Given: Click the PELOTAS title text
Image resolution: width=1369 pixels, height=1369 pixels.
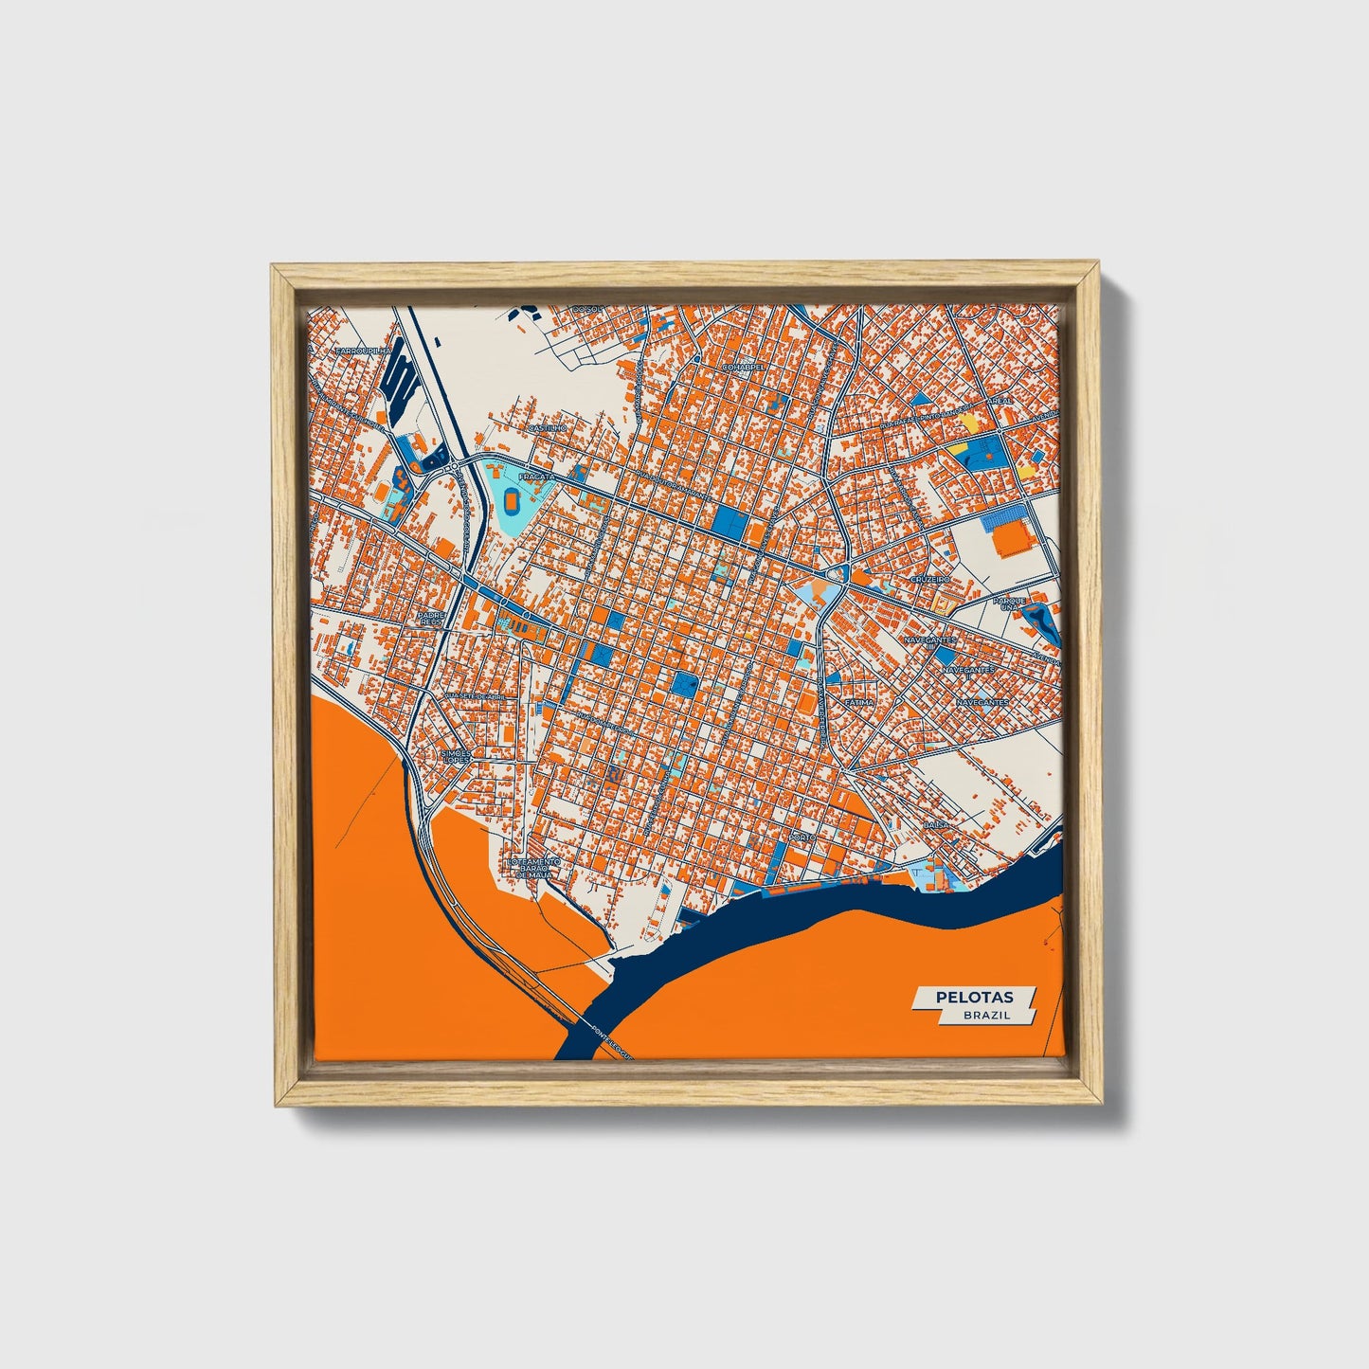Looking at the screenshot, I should click(x=974, y=997).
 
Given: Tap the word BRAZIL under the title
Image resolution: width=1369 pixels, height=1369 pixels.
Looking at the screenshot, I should click(x=986, y=1015).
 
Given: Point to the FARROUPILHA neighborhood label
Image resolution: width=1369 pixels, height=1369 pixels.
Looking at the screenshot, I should click(x=364, y=351).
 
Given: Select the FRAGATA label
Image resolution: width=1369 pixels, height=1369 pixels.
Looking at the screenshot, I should click(x=536, y=477).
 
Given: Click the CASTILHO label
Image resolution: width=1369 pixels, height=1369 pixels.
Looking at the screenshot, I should click(x=547, y=428).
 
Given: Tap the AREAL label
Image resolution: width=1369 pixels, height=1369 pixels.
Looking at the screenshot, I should click(x=1000, y=401).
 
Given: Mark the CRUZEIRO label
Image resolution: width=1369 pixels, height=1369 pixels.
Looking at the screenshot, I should click(x=929, y=578).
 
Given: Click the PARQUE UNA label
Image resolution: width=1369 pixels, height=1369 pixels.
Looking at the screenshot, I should click(x=1010, y=603).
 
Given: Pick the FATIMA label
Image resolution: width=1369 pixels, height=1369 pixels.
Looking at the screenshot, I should click(x=860, y=702).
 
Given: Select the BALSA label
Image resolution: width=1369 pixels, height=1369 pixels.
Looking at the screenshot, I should click(x=936, y=826).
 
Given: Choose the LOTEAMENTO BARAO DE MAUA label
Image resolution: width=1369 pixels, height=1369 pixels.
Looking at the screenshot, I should click(x=533, y=868).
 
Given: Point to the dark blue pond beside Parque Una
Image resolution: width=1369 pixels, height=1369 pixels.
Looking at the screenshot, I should click(x=1040, y=621).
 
